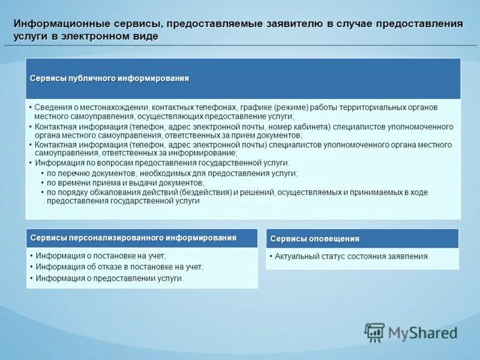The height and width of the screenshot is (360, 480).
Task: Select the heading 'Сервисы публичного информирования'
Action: [110, 79]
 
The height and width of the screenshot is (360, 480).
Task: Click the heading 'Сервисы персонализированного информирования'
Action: [133, 238]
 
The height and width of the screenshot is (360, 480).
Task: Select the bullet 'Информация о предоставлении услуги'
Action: [109, 278]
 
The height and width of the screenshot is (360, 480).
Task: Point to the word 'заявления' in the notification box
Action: [410, 256]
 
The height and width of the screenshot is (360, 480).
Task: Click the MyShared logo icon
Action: [375, 332]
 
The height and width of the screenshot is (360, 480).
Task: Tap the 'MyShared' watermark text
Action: [422, 332]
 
